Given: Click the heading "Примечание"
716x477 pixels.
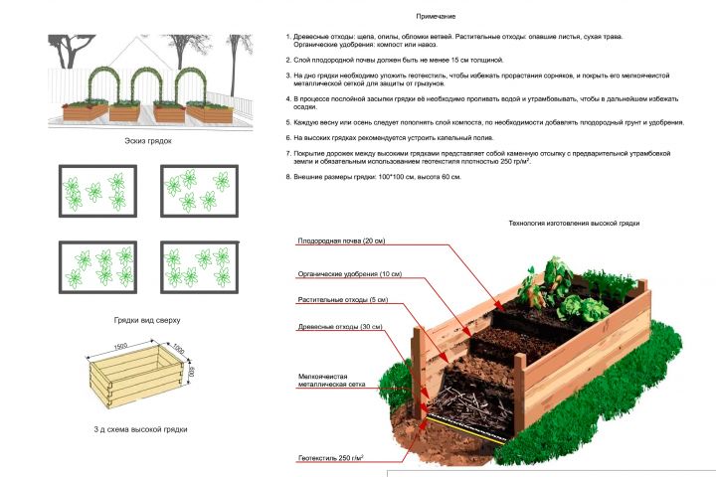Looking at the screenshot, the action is (436, 17).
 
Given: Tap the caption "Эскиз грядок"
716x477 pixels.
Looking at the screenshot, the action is (148, 141).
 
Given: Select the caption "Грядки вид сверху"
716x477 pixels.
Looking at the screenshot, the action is (147, 320).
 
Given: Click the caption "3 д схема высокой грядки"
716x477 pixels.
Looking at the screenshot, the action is (140, 429).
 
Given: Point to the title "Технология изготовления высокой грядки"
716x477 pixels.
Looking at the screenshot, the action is (574, 224).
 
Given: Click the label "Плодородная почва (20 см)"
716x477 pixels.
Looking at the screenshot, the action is (341, 241).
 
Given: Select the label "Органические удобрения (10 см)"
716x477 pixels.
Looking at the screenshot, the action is (350, 274).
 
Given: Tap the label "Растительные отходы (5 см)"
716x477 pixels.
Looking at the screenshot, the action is (343, 300).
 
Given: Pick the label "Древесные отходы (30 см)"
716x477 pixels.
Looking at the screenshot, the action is (340, 327).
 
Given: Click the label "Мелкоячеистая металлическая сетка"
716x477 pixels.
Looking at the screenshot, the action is (331, 381).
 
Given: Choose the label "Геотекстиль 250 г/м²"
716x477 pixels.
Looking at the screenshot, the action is (330, 458).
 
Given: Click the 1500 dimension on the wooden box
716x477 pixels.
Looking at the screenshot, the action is (120, 347).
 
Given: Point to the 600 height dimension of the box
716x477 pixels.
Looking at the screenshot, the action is (191, 371).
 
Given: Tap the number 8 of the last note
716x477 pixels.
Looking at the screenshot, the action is (288, 177).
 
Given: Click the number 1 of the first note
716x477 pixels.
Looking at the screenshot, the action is (288, 37).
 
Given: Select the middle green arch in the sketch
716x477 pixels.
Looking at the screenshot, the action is (147, 70).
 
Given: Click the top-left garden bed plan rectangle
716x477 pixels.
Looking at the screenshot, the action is (97, 191).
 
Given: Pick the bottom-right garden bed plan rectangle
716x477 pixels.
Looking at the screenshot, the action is (200, 267).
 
